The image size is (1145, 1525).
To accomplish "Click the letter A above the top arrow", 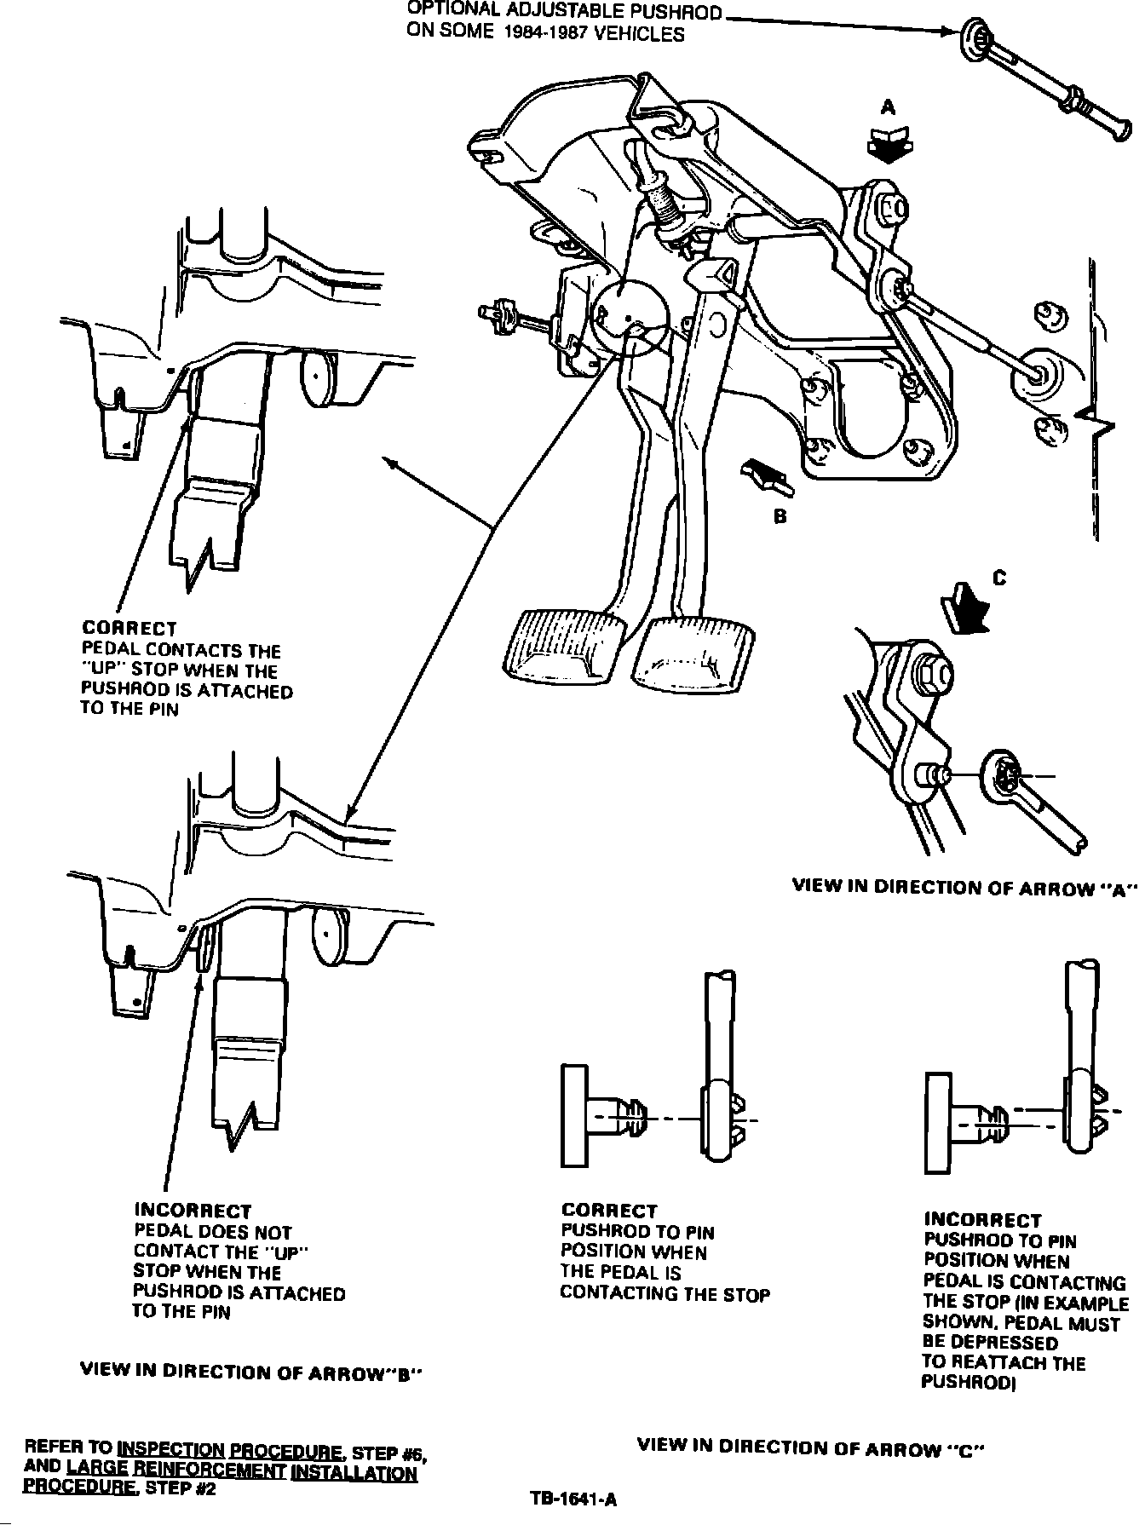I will tap(889, 107).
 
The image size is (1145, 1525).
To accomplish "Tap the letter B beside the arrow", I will tap(780, 516).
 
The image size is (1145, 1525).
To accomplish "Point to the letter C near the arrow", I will tap(1000, 578).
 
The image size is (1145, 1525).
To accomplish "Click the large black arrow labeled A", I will tap(888, 143).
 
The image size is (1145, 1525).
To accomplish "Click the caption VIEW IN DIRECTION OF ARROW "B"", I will tap(251, 1372).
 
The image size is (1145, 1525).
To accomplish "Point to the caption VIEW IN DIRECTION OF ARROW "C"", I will tap(810, 1447).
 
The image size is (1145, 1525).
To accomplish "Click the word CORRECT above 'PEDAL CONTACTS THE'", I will tap(129, 629).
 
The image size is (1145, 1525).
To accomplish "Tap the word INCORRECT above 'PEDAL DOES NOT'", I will tap(193, 1211).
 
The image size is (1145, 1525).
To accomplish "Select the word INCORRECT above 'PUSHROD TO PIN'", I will tap(982, 1220).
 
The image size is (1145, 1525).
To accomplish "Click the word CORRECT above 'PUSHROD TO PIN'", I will tap(609, 1211).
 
